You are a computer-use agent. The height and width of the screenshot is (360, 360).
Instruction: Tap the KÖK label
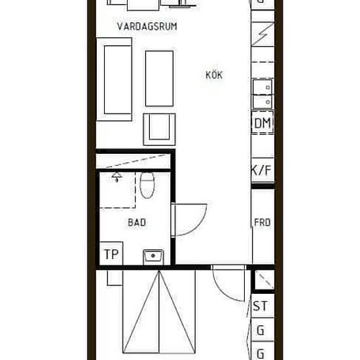coord(213,75)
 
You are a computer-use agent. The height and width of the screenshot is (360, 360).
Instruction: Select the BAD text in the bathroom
coord(137,223)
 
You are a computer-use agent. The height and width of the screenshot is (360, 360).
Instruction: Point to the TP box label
coord(111,255)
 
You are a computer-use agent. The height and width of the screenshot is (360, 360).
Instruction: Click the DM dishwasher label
coord(262,124)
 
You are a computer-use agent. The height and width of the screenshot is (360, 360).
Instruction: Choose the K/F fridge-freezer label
coord(262,171)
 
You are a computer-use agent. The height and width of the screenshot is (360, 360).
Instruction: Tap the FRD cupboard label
coord(262,223)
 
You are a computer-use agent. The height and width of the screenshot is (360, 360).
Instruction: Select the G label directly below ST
coord(261,331)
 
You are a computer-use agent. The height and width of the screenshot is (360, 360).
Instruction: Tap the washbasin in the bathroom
coord(153,255)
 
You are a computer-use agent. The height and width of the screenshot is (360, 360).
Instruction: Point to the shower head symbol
coord(117,176)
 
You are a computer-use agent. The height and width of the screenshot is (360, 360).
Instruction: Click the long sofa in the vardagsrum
coord(115,79)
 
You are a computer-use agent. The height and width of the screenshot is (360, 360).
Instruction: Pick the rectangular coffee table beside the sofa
coord(159,79)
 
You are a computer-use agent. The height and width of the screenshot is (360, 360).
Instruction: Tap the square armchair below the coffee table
coord(160,128)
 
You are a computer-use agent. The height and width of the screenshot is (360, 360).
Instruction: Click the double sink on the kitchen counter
coord(263,93)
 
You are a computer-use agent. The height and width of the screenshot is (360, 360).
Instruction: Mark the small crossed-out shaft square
coord(264,280)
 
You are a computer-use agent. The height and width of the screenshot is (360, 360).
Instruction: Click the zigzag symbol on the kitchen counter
coord(263,31)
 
